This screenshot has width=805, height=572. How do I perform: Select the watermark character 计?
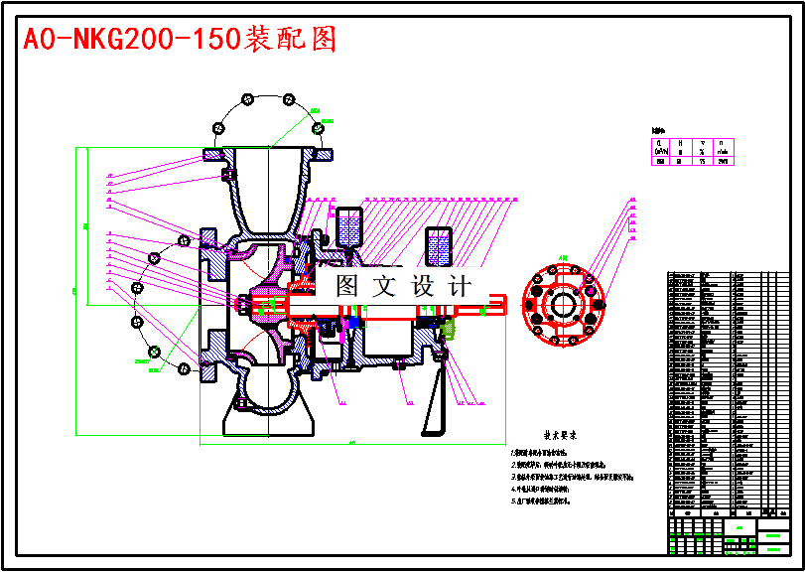pyautogui.click(x=460, y=287)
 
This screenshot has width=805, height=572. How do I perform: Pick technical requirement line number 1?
pyautogui.click(x=546, y=452)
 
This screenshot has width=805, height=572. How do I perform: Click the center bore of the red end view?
pyautogui.click(x=563, y=305)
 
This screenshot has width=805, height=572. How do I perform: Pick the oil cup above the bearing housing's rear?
pyautogui.click(x=439, y=245)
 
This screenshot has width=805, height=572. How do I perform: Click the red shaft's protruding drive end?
pyautogui.click(x=491, y=308)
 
